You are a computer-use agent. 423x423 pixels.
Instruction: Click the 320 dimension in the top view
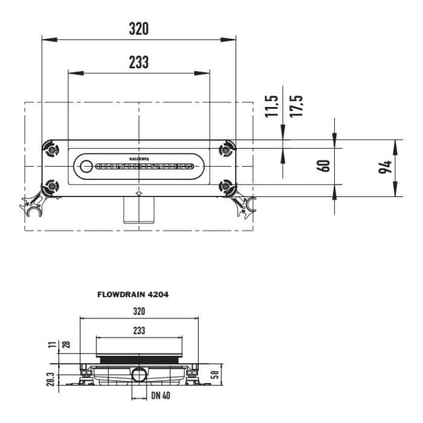click(138, 28)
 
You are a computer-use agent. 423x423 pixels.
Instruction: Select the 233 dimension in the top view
click(138, 62)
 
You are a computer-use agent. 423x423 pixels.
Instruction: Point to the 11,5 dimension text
click(272, 106)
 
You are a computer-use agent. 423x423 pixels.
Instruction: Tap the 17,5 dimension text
click(296, 106)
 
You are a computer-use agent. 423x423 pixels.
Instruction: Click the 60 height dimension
click(324, 166)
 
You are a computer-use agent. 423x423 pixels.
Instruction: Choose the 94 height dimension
click(384, 167)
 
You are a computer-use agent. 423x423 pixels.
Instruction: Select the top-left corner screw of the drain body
click(51, 148)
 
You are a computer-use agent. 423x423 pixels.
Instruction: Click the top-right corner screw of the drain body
click(227, 148)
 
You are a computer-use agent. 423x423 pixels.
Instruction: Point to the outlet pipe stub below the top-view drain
click(139, 210)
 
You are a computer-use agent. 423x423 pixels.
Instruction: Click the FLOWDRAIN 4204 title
click(133, 295)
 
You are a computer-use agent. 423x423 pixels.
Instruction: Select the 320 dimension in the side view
click(139, 312)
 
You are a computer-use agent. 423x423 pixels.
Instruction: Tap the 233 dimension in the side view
click(139, 331)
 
